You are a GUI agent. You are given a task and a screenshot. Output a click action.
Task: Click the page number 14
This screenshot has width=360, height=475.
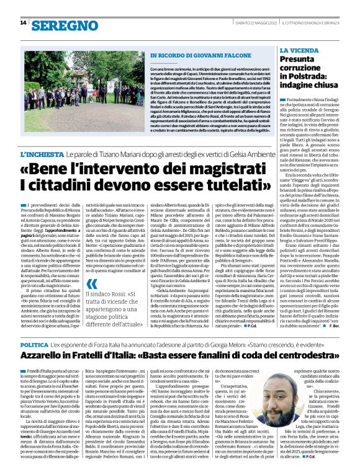22,23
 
